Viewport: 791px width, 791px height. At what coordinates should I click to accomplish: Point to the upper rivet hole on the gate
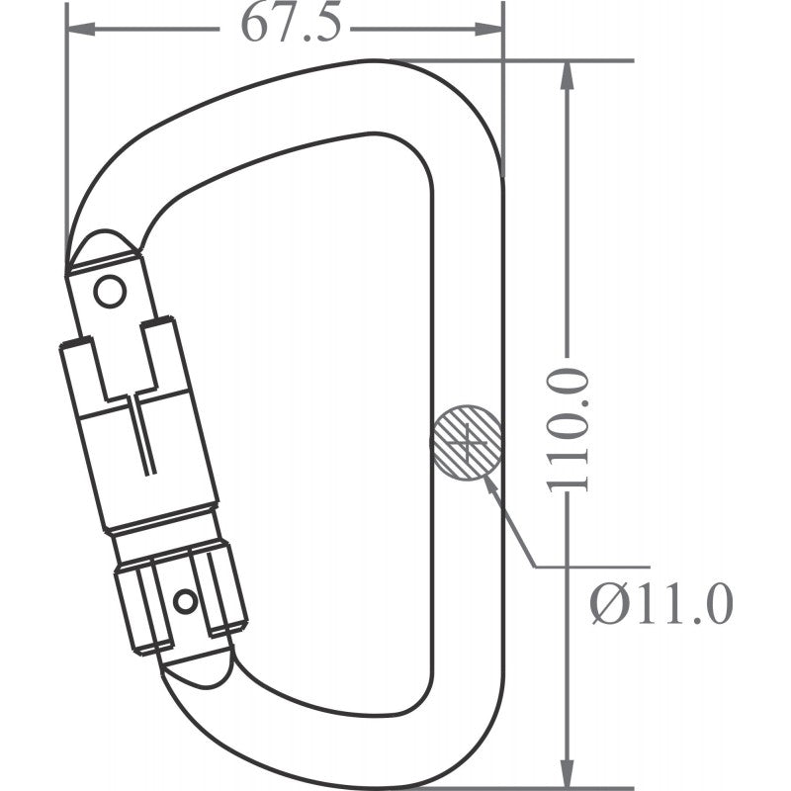[x=109, y=291]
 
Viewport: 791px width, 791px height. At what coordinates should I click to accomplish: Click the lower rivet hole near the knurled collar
[x=185, y=600]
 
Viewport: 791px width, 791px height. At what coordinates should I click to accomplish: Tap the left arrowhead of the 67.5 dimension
[x=79, y=28]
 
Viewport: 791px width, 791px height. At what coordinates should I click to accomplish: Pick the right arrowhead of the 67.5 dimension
[x=491, y=28]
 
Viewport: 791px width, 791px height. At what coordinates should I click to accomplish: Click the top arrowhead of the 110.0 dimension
[x=567, y=75]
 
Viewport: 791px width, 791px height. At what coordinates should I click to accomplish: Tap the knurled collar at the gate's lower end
[x=178, y=598]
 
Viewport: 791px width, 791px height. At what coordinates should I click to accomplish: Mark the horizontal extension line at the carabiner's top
[x=573, y=60]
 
